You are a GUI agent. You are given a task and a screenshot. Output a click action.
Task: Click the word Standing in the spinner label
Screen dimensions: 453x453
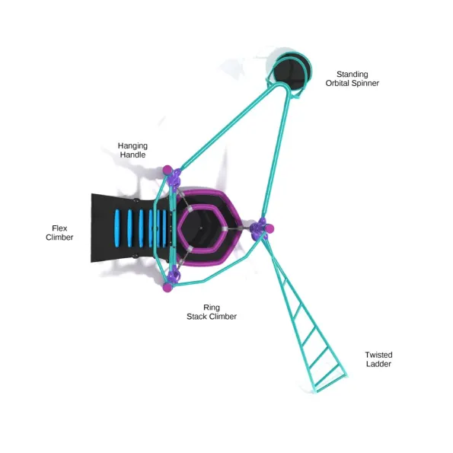pos(353,75)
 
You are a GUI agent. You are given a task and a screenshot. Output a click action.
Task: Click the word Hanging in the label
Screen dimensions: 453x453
pos(132,146)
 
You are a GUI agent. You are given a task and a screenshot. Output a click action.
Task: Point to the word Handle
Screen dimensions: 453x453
pos(132,155)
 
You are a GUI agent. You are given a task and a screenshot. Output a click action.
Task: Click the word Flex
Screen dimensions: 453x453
pos(59,228)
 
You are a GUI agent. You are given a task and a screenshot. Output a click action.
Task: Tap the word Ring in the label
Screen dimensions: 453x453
pos(212,308)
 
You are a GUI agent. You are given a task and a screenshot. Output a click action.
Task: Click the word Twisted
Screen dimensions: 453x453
pos(378,355)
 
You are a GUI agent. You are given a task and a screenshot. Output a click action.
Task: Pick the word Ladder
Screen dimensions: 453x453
pos(378,364)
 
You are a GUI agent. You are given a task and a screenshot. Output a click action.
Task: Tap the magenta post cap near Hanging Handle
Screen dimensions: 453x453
pos(167,170)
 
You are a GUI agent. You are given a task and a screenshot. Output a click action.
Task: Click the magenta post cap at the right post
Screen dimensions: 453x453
pos(270,228)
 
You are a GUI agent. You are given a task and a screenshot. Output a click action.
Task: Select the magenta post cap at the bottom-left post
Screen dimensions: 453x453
pos(167,288)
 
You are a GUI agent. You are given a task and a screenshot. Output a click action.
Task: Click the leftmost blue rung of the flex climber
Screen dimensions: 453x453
pos(117,228)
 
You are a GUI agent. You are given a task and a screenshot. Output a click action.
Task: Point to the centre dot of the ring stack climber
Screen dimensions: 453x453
pos(201,228)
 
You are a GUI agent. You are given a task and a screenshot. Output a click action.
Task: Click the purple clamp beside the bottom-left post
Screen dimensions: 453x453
pos(175,276)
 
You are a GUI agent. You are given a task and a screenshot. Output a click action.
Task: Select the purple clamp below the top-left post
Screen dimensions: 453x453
pos(175,179)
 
